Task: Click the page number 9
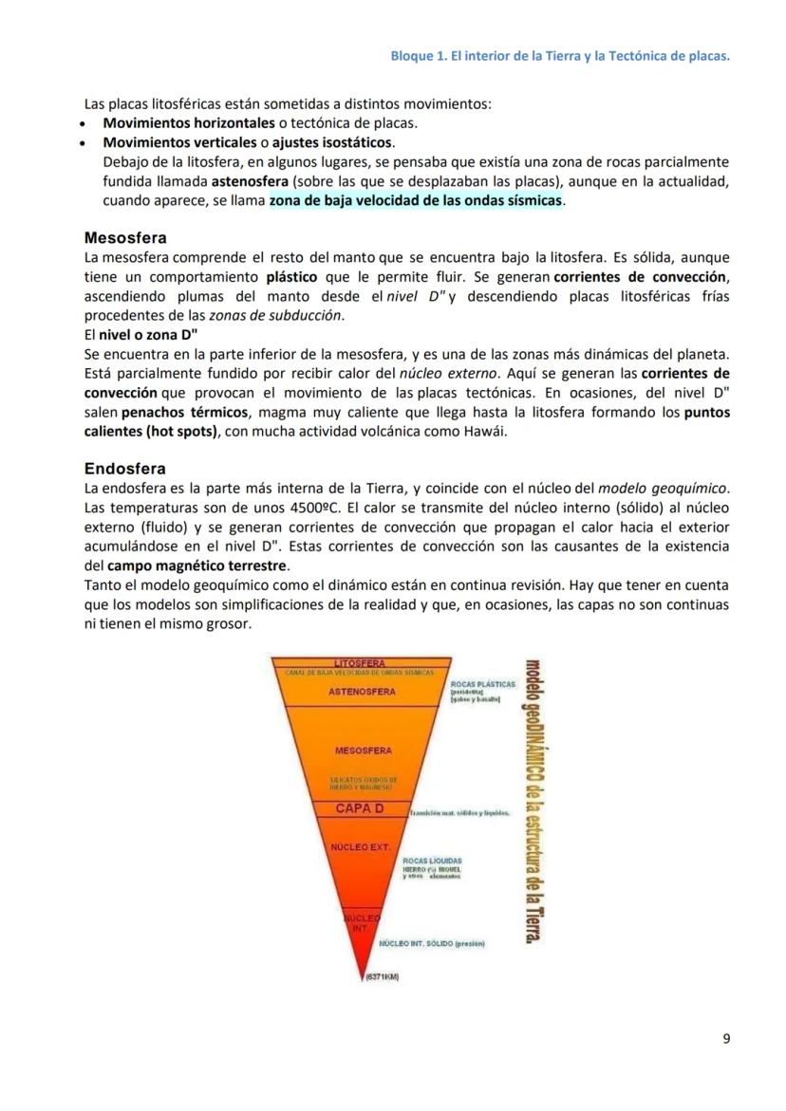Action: click(x=726, y=1038)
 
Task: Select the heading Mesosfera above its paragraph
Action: click(x=125, y=238)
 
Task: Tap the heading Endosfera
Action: click(x=124, y=469)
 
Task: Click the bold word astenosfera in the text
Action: click(x=250, y=181)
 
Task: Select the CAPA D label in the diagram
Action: click(x=360, y=808)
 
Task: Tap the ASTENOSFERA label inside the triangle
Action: click(x=362, y=692)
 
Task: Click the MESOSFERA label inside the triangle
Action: click(x=363, y=750)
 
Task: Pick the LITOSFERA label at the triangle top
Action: click(x=360, y=662)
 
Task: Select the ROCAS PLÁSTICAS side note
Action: click(x=483, y=683)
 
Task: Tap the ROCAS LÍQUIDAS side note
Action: click(x=432, y=860)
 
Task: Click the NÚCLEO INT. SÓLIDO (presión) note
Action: click(x=432, y=944)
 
